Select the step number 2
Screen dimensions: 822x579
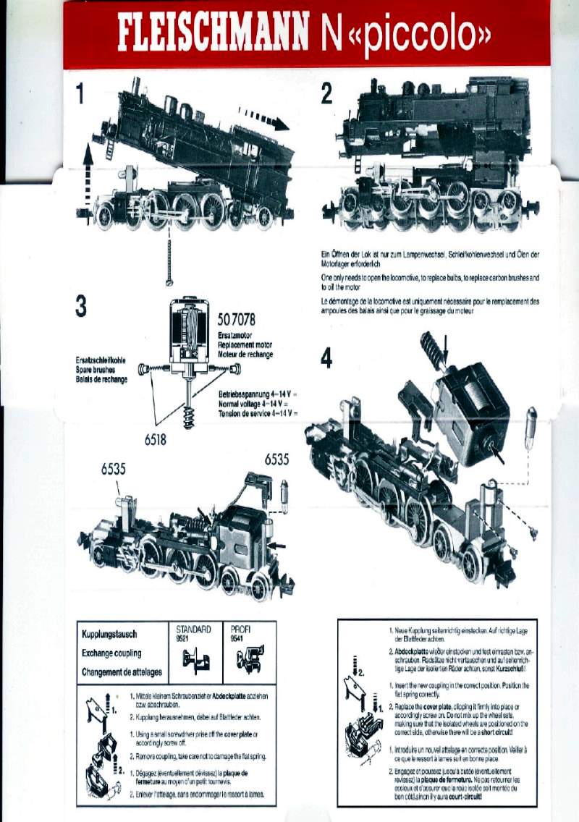point(326,93)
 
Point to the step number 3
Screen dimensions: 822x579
point(81,306)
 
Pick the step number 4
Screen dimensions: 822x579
point(327,357)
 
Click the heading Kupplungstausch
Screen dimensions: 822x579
point(110,635)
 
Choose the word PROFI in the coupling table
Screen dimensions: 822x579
point(240,630)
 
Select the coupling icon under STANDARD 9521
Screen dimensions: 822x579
point(195,659)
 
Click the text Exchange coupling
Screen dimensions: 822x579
point(112,653)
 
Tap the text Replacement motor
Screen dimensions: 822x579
point(245,346)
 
